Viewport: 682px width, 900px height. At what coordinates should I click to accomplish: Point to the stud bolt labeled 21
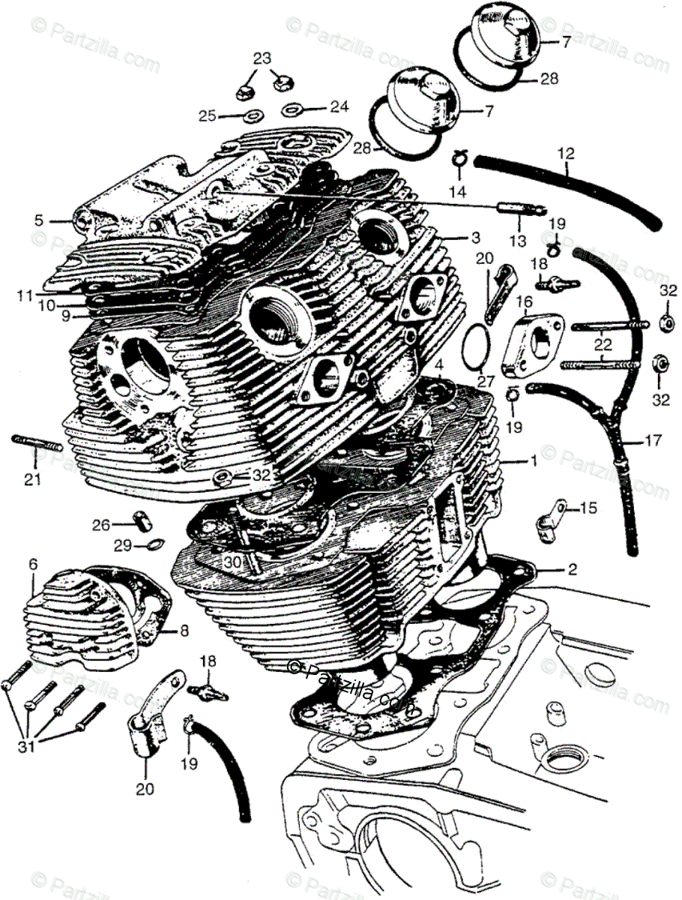coord(36,444)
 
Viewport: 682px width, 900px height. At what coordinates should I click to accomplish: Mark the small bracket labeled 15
coord(552,516)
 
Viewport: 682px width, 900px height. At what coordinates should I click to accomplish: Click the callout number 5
coord(38,220)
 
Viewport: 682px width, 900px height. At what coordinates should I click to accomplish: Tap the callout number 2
coord(572,570)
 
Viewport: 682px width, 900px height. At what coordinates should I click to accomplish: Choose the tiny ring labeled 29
coord(151,544)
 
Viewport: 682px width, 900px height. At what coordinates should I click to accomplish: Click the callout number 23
coord(262,58)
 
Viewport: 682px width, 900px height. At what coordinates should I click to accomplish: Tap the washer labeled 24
coord(292,111)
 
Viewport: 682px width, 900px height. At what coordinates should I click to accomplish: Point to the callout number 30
coord(232,561)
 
